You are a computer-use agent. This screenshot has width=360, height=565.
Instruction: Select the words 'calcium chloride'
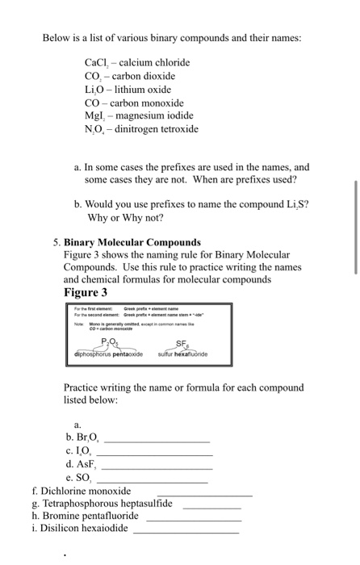click(x=155, y=62)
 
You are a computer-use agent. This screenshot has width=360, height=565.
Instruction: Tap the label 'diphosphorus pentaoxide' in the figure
click(x=107, y=354)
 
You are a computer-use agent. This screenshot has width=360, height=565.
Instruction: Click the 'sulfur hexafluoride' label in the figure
click(x=178, y=354)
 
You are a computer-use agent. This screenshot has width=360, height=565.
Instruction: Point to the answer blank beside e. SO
click(x=151, y=481)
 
